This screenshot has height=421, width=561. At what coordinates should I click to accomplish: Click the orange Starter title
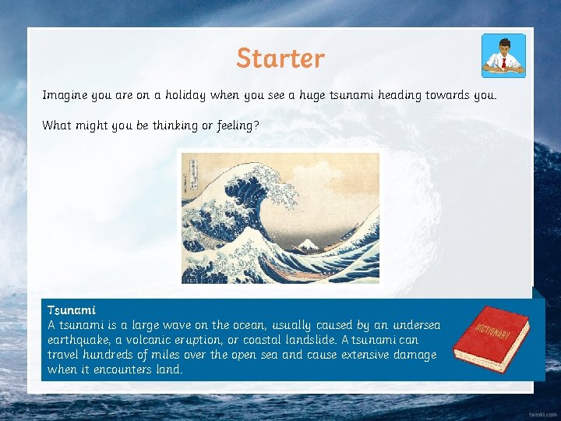[x=280, y=58]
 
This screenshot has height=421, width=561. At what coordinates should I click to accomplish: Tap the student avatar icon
[x=503, y=55]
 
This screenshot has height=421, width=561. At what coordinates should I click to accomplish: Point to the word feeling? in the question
[x=235, y=125]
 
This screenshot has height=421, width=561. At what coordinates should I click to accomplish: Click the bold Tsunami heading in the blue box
[x=71, y=310]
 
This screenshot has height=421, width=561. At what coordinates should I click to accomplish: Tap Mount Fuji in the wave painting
[x=309, y=245]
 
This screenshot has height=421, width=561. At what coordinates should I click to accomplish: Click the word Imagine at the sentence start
[x=65, y=95]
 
